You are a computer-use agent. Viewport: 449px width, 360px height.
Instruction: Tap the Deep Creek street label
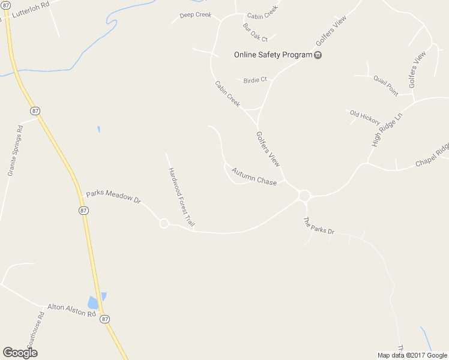click(195, 14)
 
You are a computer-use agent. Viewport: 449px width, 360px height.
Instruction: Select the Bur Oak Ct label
click(255, 32)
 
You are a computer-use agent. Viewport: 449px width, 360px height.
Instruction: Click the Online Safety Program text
click(273, 55)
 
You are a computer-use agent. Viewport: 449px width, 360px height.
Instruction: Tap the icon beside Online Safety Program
click(318, 55)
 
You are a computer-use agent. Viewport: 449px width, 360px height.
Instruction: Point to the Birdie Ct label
click(255, 79)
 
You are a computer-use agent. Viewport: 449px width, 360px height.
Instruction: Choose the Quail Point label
click(385, 85)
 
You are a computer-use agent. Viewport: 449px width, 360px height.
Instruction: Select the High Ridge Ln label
click(386, 128)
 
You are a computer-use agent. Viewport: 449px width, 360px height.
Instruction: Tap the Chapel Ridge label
click(432, 155)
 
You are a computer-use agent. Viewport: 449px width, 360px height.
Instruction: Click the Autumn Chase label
click(254, 176)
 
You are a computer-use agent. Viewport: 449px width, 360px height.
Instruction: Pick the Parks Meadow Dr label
click(113, 196)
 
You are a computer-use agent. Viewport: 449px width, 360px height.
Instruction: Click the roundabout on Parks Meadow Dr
click(163, 223)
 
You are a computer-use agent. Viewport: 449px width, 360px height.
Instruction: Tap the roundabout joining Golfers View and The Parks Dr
click(304, 196)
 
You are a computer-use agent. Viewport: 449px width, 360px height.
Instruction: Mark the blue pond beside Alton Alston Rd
click(94, 302)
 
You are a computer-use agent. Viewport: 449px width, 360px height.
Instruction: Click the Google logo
click(20, 353)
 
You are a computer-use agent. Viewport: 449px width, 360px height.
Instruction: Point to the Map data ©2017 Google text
click(412, 355)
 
